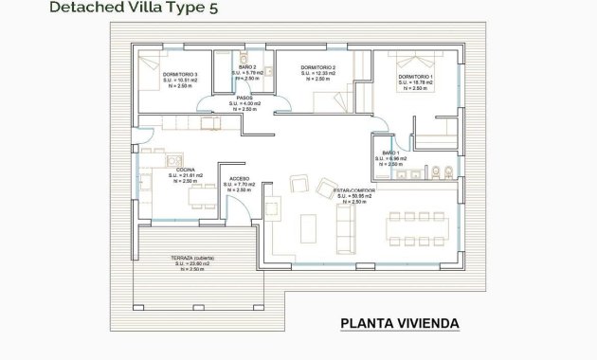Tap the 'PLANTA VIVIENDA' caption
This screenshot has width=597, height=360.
399,323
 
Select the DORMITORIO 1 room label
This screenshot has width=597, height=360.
415,76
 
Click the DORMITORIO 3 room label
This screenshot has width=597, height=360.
180,74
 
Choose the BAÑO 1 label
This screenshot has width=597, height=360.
389,153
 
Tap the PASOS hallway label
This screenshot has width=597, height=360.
249,98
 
